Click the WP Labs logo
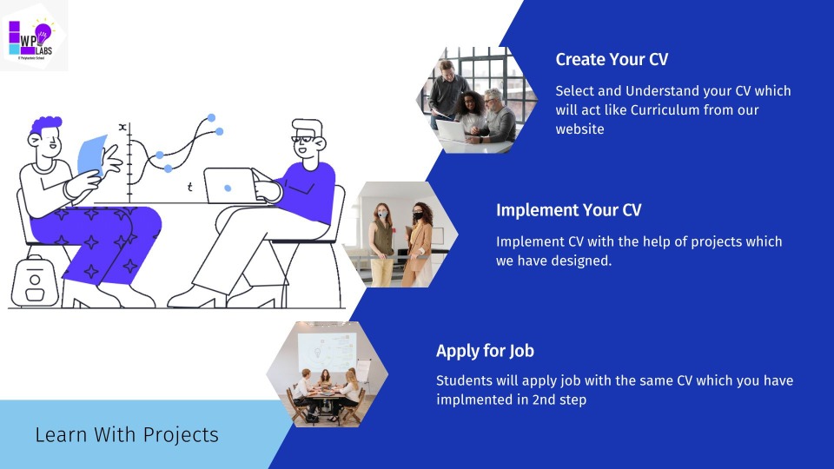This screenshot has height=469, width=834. [32, 36]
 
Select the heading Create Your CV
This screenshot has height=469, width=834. [612, 60]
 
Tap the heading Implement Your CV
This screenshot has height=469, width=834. [568, 210]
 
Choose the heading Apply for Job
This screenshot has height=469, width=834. [485, 351]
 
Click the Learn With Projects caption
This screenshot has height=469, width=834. [127, 434]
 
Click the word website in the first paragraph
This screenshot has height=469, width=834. [579, 129]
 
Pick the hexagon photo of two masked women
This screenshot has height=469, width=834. [401, 234]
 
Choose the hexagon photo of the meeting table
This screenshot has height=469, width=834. [327, 373]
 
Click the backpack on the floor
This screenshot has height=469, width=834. [34, 281]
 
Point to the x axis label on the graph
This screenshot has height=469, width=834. [122, 128]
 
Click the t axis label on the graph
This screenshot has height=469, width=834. [190, 188]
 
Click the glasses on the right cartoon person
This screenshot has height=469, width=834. [303, 136]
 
